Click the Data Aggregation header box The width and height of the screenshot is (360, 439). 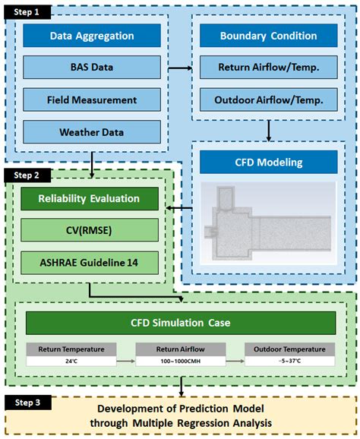(92, 36)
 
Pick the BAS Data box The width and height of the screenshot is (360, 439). (92, 68)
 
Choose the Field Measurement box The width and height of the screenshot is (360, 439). (92, 99)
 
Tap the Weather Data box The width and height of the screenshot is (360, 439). (92, 131)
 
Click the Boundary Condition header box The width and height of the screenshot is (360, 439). (268, 36)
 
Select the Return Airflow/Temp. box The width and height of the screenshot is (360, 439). (268, 68)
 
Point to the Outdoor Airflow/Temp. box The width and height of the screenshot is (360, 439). (268, 99)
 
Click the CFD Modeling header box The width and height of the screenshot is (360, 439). (268, 161)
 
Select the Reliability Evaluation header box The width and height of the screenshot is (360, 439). (90, 199)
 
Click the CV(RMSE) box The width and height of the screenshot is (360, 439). (90, 231)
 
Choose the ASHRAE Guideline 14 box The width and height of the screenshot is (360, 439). (90, 263)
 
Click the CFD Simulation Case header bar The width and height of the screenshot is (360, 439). (181, 322)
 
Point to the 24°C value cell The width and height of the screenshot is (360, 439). (71, 361)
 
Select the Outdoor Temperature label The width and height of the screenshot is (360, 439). (289, 349)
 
